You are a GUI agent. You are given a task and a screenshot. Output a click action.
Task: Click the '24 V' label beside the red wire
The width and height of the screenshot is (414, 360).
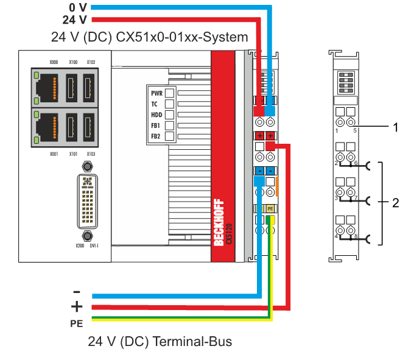pyautogui.click(x=76, y=20)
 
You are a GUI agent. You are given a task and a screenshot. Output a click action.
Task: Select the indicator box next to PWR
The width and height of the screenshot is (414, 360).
pyautogui.click(x=170, y=93)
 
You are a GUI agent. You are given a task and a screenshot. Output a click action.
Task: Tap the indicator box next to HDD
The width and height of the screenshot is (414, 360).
pyautogui.click(x=170, y=115)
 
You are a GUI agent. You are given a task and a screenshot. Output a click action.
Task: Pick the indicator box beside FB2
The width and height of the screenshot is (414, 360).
pyautogui.click(x=170, y=136)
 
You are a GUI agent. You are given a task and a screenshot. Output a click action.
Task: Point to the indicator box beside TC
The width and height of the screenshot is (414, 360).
pyautogui.click(x=170, y=104)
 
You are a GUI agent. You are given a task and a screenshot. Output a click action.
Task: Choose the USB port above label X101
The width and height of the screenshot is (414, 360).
pyautogui.click(x=72, y=126)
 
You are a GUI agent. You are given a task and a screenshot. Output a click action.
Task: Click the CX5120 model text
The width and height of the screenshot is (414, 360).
pyautogui.click(x=229, y=232)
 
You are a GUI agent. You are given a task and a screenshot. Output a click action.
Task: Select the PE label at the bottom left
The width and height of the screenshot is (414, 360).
pyautogui.click(x=76, y=323)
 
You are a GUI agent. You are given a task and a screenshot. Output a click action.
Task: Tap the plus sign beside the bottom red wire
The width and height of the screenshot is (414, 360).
pyautogui.click(x=76, y=306)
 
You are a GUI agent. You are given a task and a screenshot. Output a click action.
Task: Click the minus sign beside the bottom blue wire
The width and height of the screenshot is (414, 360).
pyautogui.click(x=76, y=291)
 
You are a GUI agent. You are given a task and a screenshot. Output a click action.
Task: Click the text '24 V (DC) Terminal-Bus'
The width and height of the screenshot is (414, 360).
pyautogui.click(x=160, y=341)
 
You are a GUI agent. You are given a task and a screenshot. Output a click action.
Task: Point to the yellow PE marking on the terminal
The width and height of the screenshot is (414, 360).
pyautogui.click(x=270, y=209)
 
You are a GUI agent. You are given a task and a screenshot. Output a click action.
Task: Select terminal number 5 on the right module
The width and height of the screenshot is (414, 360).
pyautogui.click(x=355, y=130)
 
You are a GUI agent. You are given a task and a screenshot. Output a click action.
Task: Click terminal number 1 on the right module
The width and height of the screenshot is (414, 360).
pyautogui.click(x=336, y=130)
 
